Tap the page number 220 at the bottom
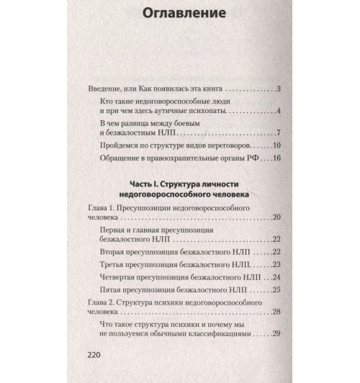coord(96,356)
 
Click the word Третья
coord(116,265)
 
